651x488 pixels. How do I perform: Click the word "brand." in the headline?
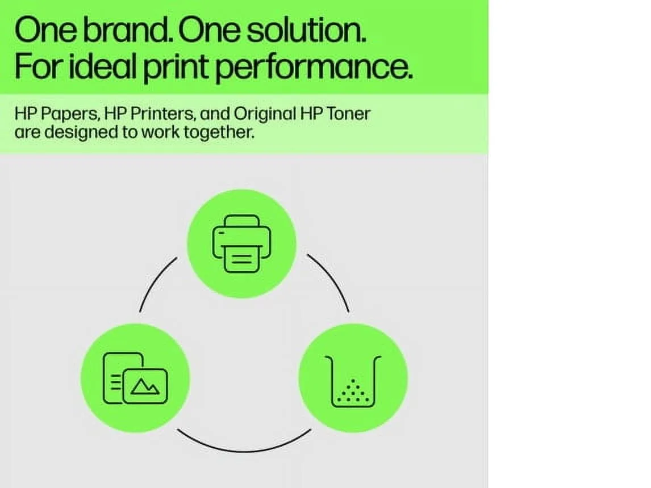[127, 30]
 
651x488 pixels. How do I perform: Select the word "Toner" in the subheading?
[348, 113]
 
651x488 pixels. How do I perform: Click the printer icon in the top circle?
[241, 244]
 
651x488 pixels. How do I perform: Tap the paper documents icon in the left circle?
[135, 378]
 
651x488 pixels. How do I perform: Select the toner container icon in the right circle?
[353, 381]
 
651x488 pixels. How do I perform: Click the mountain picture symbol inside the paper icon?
[145, 386]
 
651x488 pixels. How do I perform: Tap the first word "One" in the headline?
[45, 30]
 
